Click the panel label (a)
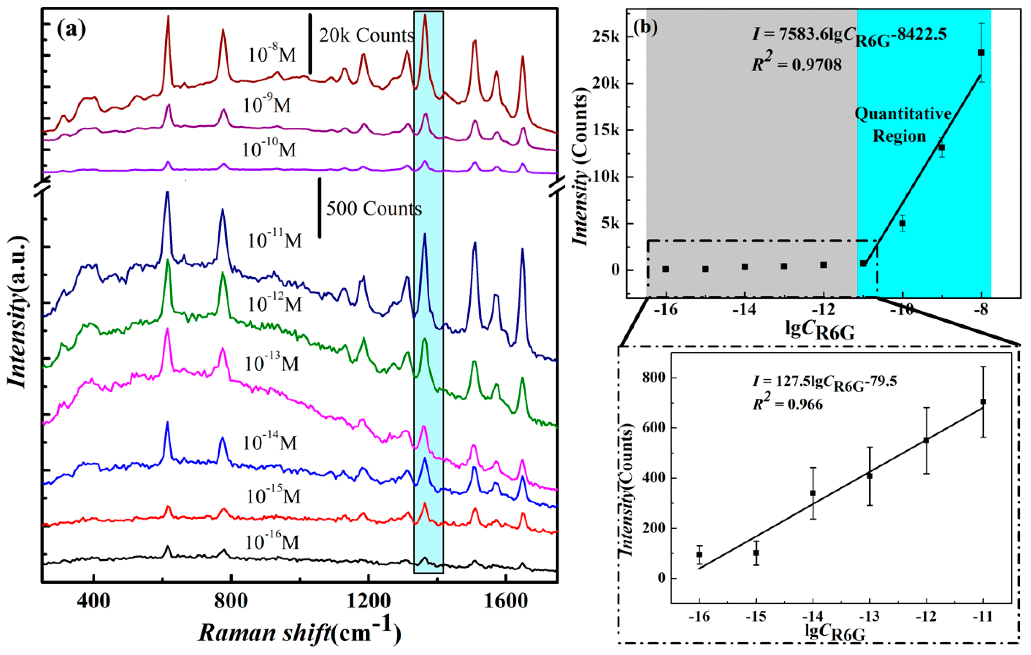pyautogui.click(x=71, y=29)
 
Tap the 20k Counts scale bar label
pyautogui.click(x=366, y=35)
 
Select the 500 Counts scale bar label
pyautogui.click(x=373, y=209)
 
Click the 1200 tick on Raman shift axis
pyautogui.click(x=368, y=601)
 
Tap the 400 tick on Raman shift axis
pyautogui.click(x=94, y=601)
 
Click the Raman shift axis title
pyautogui.click(x=299, y=632)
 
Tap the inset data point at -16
pyautogui.click(x=699, y=555)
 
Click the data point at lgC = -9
pyautogui.click(x=942, y=148)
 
